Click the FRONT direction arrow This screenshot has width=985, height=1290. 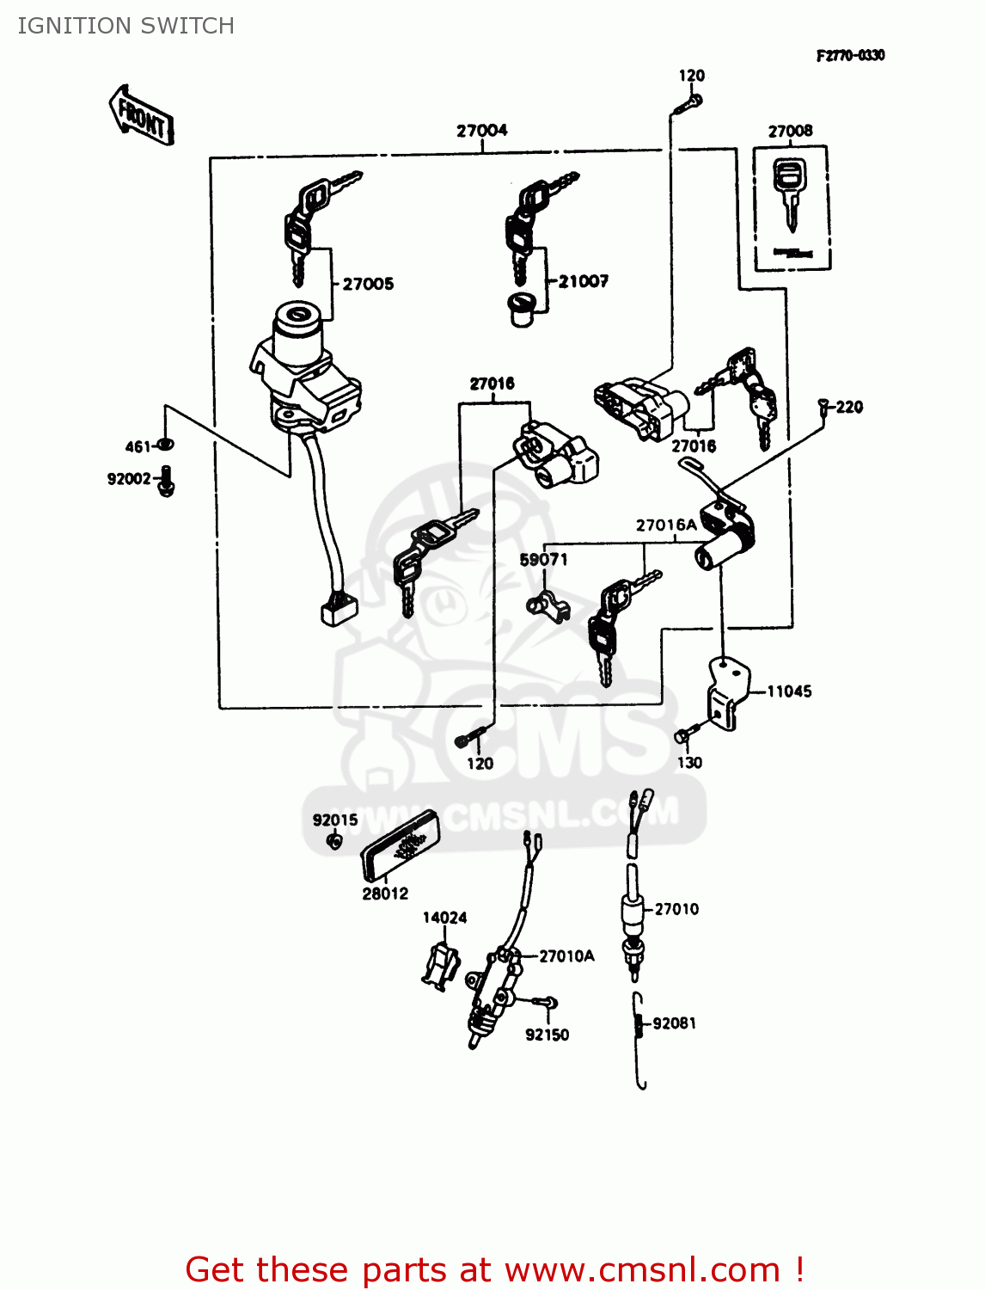click(142, 114)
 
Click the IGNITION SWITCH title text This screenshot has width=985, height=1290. click(125, 26)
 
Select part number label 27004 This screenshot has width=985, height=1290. click(481, 131)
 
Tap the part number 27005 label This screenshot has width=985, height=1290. click(368, 284)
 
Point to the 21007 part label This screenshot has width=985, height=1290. click(583, 281)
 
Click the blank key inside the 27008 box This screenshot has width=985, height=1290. click(790, 193)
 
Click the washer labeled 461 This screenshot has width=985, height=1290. click(167, 444)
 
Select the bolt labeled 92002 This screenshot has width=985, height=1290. click(168, 480)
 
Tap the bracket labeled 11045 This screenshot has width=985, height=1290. click(724, 691)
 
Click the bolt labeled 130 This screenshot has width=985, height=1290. click(682, 736)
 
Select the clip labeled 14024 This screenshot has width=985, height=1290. click(441, 965)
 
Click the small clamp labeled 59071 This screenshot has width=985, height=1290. click(548, 605)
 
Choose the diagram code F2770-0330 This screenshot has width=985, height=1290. click(850, 56)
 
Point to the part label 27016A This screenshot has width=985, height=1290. click(666, 525)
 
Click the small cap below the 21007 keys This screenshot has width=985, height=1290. click(521, 310)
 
